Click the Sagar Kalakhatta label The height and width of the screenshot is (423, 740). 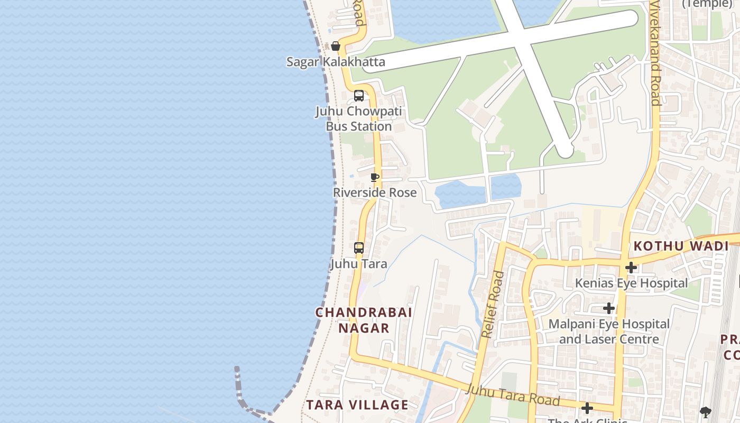point(336,62)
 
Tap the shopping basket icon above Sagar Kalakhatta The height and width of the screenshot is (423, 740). point(335,47)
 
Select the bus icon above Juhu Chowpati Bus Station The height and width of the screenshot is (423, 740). point(359,96)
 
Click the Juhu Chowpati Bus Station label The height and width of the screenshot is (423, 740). point(359,119)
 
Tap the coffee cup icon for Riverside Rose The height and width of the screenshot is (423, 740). point(375,177)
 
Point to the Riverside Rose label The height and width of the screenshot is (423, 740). point(375,192)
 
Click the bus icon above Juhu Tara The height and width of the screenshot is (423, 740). point(359,247)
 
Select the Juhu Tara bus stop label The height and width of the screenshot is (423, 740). point(359,263)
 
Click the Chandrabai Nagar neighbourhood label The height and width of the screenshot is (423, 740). point(364,320)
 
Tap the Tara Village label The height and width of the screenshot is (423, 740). point(357,405)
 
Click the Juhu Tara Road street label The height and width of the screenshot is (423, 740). point(513,394)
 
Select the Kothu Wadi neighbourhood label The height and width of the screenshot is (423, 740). point(681,246)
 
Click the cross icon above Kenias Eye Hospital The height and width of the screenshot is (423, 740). point(631,268)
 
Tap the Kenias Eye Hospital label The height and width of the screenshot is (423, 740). point(631,283)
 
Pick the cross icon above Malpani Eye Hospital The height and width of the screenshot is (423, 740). point(609,308)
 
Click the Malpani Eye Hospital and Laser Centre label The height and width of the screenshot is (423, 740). point(609,332)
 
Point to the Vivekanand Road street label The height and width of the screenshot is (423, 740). point(655,53)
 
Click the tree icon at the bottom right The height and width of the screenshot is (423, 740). point(705,412)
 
